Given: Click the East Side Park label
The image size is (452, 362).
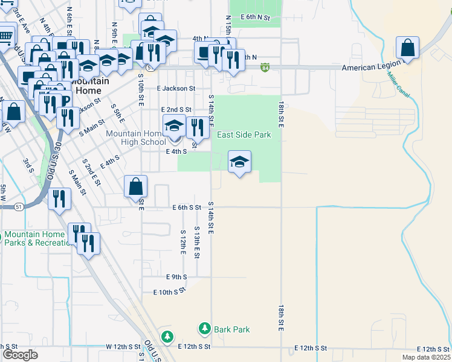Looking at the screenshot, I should click(244, 135).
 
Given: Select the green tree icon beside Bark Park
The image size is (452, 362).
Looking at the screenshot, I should click(205, 329).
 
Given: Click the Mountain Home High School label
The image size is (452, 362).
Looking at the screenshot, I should click(135, 138).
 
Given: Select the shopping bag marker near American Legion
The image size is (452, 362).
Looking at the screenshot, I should click(408, 48).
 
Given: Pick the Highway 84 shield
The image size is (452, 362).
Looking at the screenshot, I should click(266, 68).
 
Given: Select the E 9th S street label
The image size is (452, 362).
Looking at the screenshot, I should click(176, 277).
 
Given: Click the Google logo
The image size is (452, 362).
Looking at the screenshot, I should click(20, 355).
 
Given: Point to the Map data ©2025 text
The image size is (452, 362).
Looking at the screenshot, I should click(427, 357).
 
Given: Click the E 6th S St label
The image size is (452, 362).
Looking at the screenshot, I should click(186, 208).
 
